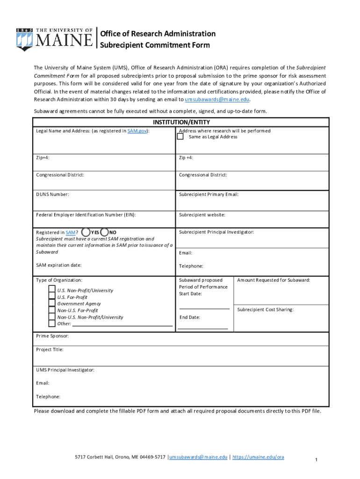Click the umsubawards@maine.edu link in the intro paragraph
pyautogui.click(x=217, y=100)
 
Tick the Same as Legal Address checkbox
pyautogui.click(x=180, y=137)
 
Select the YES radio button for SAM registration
pyautogui.click(x=86, y=232)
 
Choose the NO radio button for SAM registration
pyautogui.click(x=104, y=232)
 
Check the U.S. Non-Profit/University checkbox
pyautogui.click(x=52, y=290)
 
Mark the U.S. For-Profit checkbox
pyautogui.click(x=52, y=297)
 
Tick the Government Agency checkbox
pyautogui.click(x=52, y=304)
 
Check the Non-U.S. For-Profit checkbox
pyautogui.click(x=52, y=310)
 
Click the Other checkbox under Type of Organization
pyautogui.click(x=52, y=323)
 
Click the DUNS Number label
pyautogui.click(x=52, y=194)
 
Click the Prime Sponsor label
pyautogui.click(x=52, y=336)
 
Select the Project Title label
pyautogui.click(x=50, y=349)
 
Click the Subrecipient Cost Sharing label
pyautogui.click(x=265, y=310)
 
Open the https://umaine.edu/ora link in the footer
pyautogui.click(x=258, y=457)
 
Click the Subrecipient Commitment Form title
pyautogui.click(x=155, y=45)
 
